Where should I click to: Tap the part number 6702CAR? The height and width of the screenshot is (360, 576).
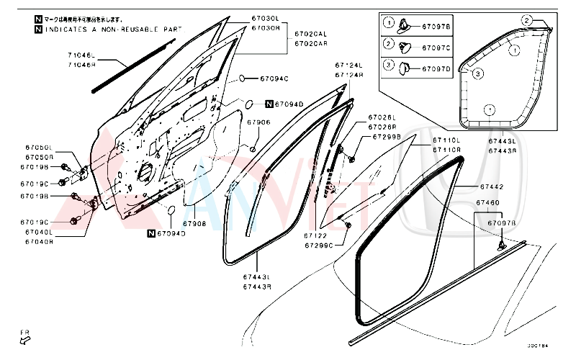310,43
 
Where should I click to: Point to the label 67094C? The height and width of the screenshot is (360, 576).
274,78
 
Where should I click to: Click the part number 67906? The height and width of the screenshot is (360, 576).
258,122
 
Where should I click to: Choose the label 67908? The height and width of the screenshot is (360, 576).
194,224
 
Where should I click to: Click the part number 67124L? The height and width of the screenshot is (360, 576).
348,65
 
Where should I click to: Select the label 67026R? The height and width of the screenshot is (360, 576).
382,127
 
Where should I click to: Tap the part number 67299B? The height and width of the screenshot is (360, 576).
382,136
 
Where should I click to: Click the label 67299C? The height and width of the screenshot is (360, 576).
318,246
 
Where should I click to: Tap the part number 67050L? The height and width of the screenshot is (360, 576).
40,147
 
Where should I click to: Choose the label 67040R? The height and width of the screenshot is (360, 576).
40,242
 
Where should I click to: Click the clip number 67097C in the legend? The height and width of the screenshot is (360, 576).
436,48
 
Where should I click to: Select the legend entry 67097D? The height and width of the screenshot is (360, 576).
436,69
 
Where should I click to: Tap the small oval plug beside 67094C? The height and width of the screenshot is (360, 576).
245,78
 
